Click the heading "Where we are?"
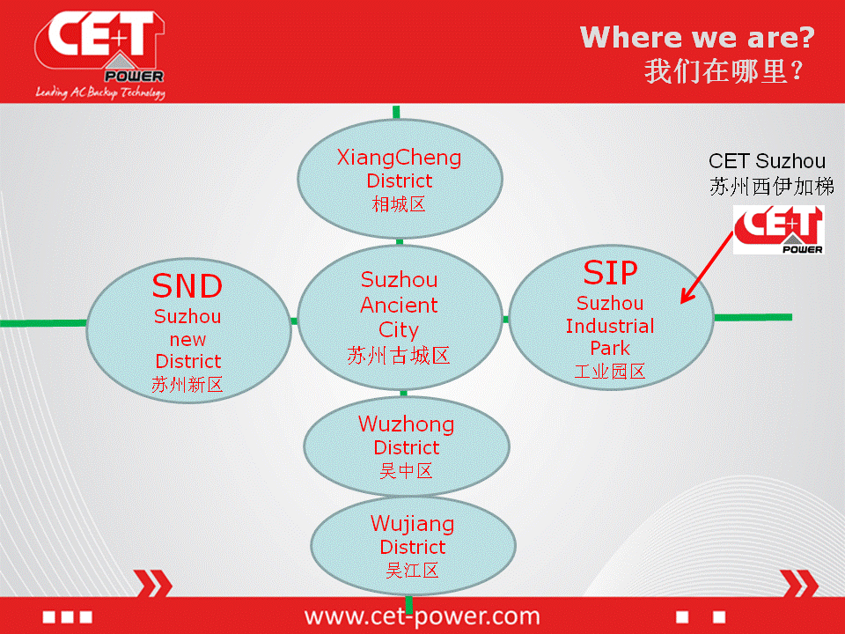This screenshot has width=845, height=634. [697, 38]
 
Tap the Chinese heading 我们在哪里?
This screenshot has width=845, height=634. [724, 71]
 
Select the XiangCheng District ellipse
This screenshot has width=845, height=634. [400, 179]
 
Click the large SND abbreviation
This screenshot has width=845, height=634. [187, 285]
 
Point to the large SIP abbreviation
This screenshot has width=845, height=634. [610, 273]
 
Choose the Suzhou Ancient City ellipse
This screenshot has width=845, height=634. [400, 318]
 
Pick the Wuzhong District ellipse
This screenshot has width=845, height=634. [407, 446]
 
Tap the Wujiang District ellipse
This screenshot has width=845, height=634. [413, 546]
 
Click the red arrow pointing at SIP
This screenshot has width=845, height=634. [708, 268]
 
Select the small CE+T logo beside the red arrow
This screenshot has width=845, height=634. [778, 230]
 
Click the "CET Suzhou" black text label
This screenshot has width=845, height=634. [767, 161]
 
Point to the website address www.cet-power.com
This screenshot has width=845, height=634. [422, 616]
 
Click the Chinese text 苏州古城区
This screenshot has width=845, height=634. [398, 356]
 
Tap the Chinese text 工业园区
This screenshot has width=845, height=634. [609, 372]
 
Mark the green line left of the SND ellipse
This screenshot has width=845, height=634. [43, 323]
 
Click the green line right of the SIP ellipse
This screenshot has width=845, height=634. [753, 318]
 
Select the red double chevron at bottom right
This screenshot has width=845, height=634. [800, 583]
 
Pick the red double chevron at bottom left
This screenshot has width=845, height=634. [153, 583]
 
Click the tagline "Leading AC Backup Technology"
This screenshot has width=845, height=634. [100, 92]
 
